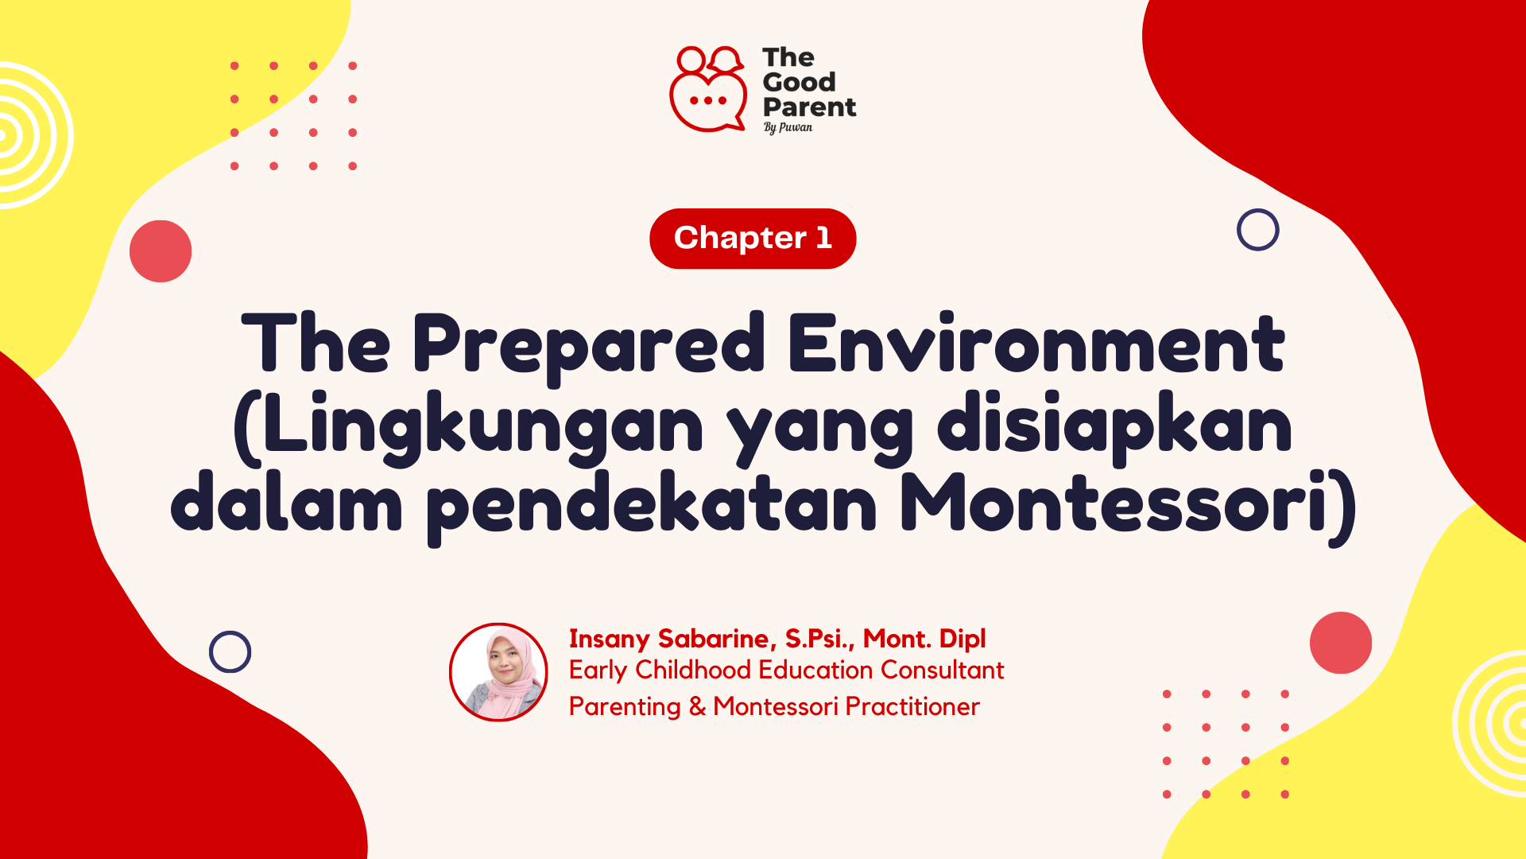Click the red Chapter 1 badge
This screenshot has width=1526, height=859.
(753, 239)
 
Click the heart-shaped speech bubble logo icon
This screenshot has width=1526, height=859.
(707, 91)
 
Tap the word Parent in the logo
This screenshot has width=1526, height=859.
(809, 107)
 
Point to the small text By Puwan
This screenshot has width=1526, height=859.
(788, 127)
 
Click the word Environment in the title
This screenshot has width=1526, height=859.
(1036, 344)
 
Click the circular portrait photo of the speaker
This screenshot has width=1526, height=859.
(498, 672)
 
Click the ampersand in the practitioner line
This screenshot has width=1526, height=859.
(697, 707)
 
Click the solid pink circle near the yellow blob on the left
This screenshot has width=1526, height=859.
(161, 251)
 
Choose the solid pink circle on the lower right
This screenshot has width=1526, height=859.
(1340, 643)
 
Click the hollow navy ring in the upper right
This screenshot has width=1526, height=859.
(1257, 230)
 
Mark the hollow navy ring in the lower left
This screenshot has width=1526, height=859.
(230, 652)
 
